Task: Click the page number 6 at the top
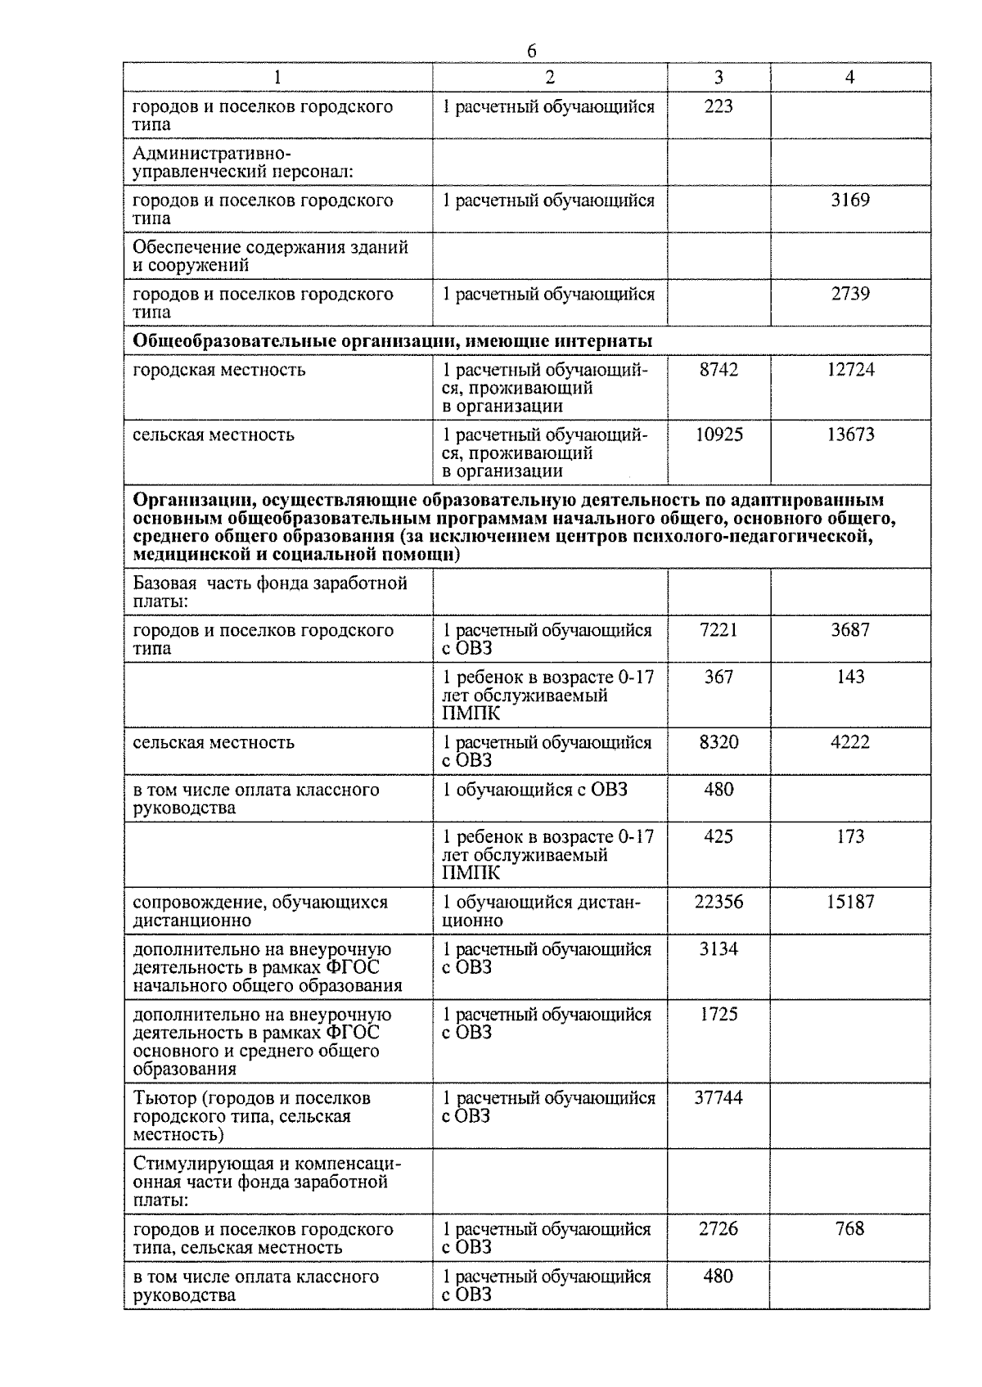click(x=532, y=51)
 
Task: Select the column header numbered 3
click(x=718, y=77)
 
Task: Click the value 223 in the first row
click(x=718, y=106)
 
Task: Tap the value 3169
click(x=850, y=200)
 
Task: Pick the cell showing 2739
click(x=850, y=294)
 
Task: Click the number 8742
click(x=718, y=370)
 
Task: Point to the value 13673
click(x=850, y=435)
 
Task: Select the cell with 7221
click(x=718, y=630)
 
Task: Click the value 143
click(x=850, y=677)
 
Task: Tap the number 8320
click(x=718, y=742)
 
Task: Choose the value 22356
click(x=718, y=902)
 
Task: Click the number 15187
click(x=850, y=902)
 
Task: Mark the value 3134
click(x=718, y=949)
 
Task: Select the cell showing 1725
click(x=718, y=1014)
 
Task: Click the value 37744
click(x=718, y=1097)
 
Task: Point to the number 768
click(x=850, y=1228)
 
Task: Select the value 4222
click(x=850, y=742)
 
